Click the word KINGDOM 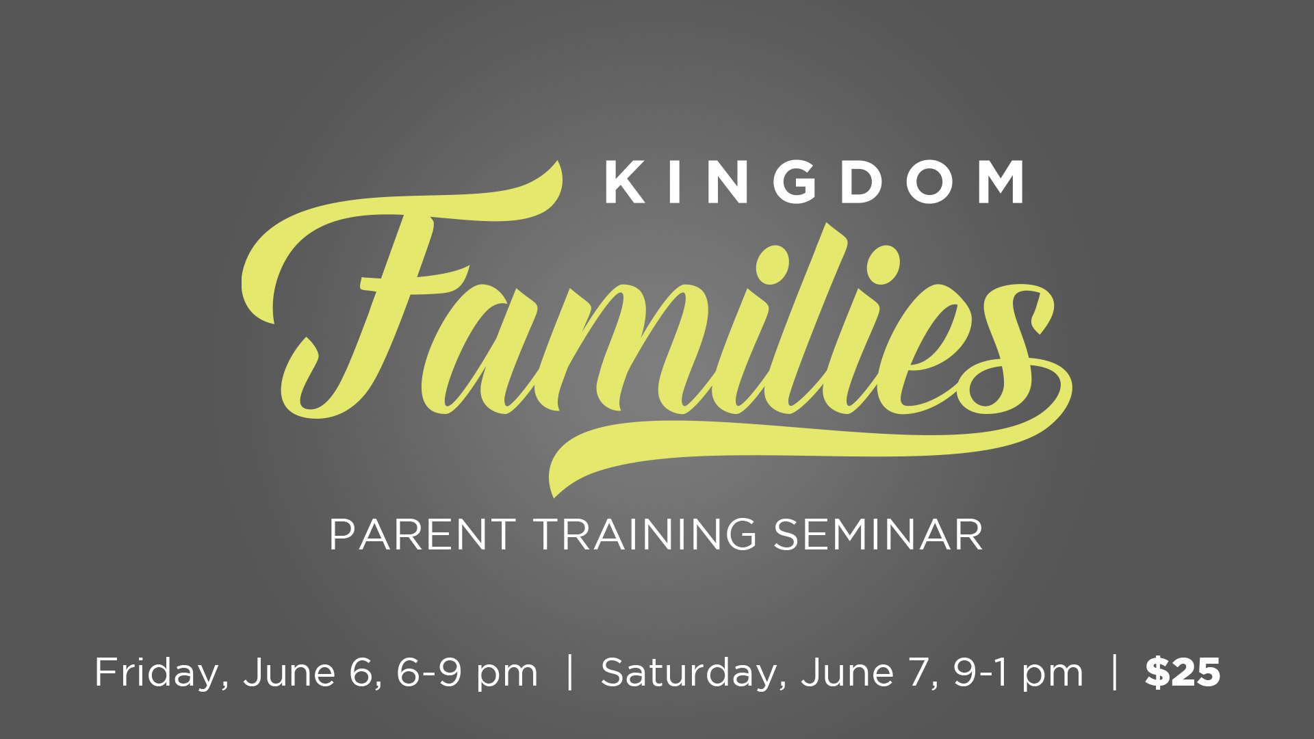[x=814, y=182]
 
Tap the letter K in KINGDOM [x=624, y=182]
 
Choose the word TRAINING [x=645, y=534]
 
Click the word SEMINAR [x=878, y=534]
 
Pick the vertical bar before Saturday [x=570, y=673]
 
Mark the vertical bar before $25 [x=1116, y=673]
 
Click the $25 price [x=1183, y=672]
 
